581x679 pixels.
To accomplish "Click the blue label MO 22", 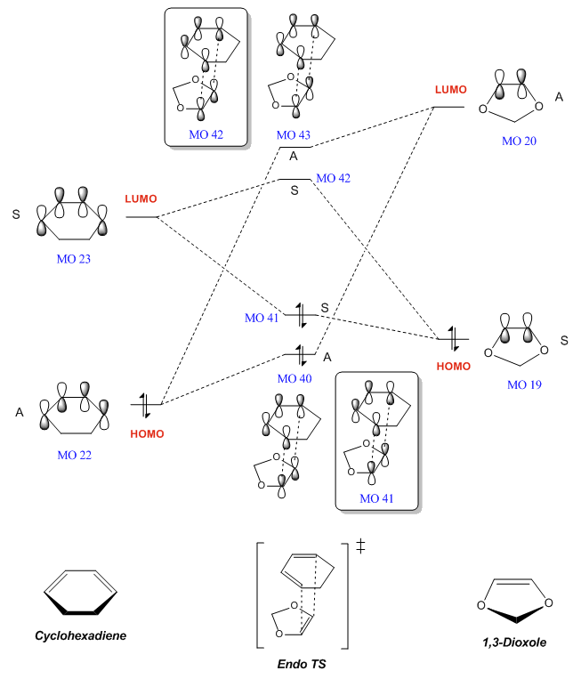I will (x=73, y=454).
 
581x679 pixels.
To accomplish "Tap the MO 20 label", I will (x=520, y=141).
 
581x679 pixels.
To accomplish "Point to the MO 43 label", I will (x=294, y=134).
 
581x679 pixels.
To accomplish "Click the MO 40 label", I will (x=294, y=378).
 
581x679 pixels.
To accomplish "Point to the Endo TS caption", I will (x=296, y=663).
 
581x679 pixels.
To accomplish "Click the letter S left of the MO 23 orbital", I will (x=16, y=214).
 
